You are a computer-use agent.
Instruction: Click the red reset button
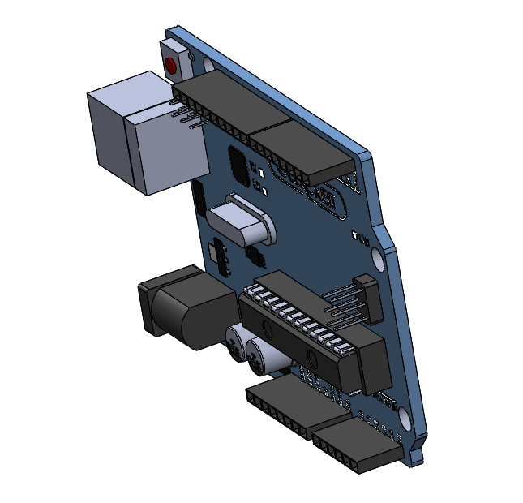point(171,66)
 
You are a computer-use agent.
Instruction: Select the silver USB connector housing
point(142,134)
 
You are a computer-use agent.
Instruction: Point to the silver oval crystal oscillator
point(243,221)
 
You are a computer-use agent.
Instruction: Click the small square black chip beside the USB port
point(239,166)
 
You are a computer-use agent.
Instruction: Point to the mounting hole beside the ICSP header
point(379,260)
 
